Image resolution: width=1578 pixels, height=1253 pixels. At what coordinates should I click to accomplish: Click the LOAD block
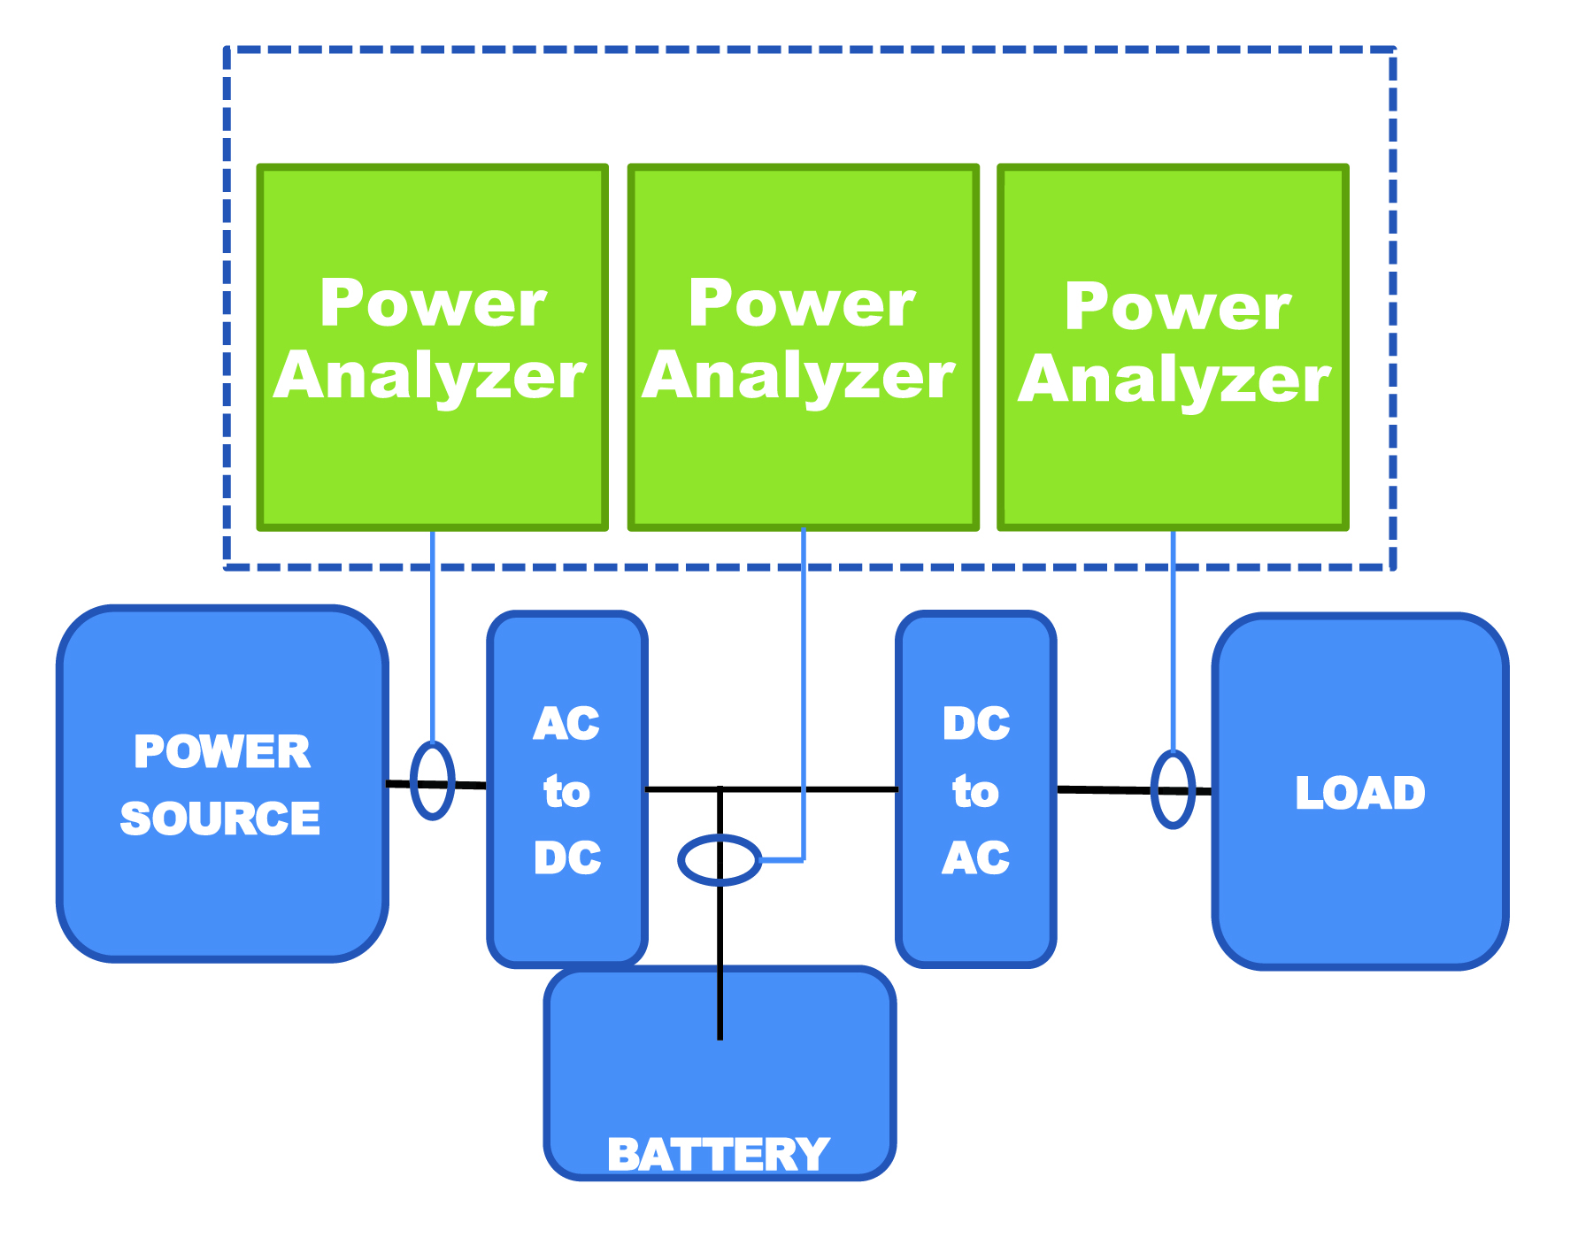1359,876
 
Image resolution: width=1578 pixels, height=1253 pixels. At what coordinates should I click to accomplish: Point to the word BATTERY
718,1154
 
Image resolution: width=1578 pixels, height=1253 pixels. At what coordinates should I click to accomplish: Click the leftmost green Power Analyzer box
432,460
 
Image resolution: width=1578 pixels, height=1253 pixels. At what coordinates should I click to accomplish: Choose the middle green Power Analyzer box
803,460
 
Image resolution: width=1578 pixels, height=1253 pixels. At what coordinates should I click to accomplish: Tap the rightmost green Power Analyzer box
1173,460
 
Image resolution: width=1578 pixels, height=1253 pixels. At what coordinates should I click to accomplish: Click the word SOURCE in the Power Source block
220,819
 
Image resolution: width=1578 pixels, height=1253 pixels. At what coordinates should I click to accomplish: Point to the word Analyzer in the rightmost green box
1174,380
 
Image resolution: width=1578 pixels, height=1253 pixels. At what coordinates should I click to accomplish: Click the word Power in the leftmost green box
433,304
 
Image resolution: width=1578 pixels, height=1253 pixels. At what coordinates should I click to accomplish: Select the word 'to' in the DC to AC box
975,790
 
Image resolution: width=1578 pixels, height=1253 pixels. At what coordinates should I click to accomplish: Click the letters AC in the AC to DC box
566,724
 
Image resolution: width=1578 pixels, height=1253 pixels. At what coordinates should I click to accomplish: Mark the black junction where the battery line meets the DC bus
720,788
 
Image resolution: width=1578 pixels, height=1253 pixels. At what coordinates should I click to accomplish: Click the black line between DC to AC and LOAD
1106,789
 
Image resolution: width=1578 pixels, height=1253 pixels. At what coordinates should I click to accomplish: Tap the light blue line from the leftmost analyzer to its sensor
433,637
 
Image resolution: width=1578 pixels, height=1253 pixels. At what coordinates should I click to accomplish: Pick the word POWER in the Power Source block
222,751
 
